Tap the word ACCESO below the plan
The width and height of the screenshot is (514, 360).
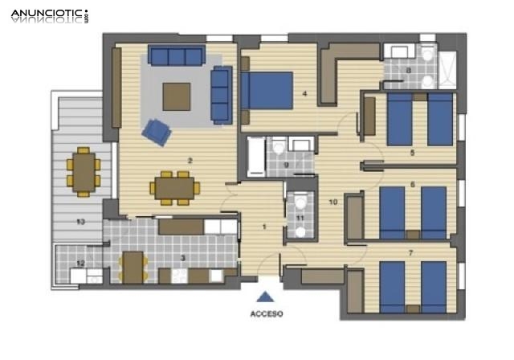[267, 314]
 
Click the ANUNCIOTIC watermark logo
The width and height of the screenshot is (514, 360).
[48, 15]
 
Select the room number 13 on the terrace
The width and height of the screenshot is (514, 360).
[80, 221]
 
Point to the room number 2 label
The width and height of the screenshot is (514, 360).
[190, 161]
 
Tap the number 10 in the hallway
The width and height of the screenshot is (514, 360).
[333, 202]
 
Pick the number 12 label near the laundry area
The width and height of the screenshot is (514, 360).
[80, 263]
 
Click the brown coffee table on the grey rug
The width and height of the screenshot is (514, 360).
[177, 96]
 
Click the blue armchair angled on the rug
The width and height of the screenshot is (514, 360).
[157, 131]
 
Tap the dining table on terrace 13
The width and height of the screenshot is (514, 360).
[83, 171]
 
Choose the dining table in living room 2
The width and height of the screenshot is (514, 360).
[174, 187]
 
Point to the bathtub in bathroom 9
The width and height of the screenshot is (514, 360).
[255, 156]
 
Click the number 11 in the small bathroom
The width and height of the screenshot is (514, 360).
[300, 216]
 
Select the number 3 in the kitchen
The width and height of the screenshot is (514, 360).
[184, 257]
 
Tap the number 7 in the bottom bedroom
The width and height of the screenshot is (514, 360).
[410, 253]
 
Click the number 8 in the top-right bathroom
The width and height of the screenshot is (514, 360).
[408, 71]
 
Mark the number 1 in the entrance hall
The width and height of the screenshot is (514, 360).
[264, 226]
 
